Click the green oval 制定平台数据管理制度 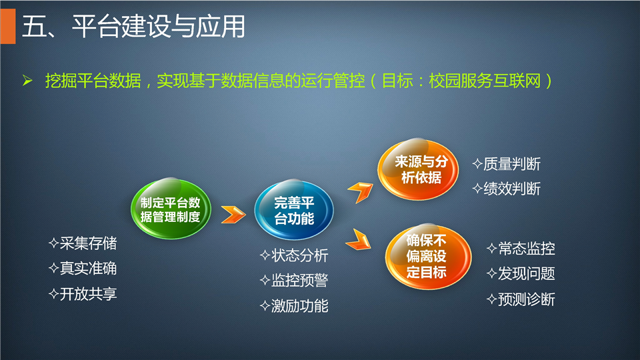pos(171,209)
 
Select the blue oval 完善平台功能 pos(294,210)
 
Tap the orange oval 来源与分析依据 pos(418,169)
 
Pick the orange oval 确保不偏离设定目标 pos(428,256)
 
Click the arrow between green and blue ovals pos(233,214)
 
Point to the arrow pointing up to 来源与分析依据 pos(361,192)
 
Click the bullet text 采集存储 pos(83,243)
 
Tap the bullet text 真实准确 pos(83,269)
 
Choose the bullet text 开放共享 pos(83,294)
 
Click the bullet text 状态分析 pos(294,255)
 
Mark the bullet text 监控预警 pos(294,281)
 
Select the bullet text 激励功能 pos(294,306)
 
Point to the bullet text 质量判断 pos(507,164)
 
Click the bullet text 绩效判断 pos(507,189)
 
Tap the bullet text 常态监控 pos(521,248)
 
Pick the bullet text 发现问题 pos(521,273)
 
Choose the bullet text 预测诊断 pos(521,299)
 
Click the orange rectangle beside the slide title pos(8,27)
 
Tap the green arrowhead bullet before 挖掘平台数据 pos(28,81)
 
